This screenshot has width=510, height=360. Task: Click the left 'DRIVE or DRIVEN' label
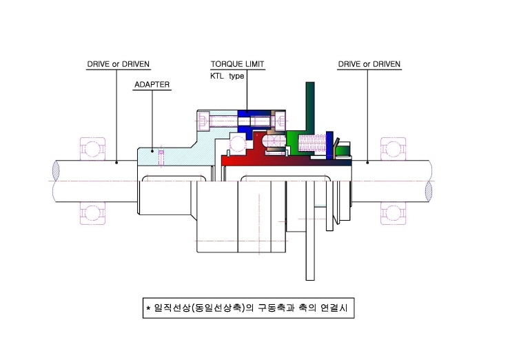[118, 64]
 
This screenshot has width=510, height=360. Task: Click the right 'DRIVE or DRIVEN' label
[369, 64]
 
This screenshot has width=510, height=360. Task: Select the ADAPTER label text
[152, 85]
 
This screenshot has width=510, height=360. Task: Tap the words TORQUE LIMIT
[238, 64]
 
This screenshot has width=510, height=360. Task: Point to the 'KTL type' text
[227, 76]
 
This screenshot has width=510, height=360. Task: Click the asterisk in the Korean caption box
[148, 308]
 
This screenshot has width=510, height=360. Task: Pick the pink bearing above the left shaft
[93, 149]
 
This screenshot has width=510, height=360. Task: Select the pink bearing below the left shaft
[93, 213]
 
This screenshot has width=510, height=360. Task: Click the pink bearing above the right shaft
[394, 149]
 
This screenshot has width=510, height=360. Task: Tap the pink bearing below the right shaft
[394, 213]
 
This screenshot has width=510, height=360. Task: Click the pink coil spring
[312, 143]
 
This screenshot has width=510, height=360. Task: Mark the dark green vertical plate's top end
[310, 83]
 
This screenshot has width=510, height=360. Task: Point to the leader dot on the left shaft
[116, 162]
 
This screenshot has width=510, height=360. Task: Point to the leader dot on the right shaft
[367, 162]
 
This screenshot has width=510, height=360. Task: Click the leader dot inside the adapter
[152, 151]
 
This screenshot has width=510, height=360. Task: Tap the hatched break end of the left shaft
[56, 170]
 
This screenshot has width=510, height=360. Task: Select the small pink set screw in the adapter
[161, 157]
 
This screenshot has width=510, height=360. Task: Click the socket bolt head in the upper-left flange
[204, 121]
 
